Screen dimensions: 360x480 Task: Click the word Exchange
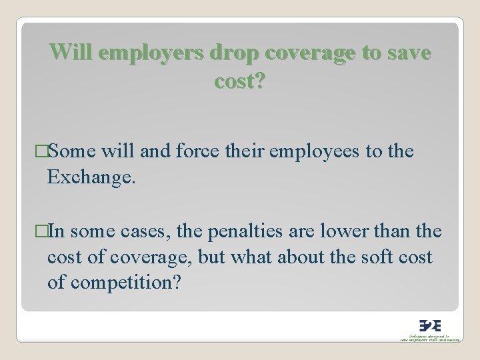click(91, 176)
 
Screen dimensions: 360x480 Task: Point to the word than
click(399, 231)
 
